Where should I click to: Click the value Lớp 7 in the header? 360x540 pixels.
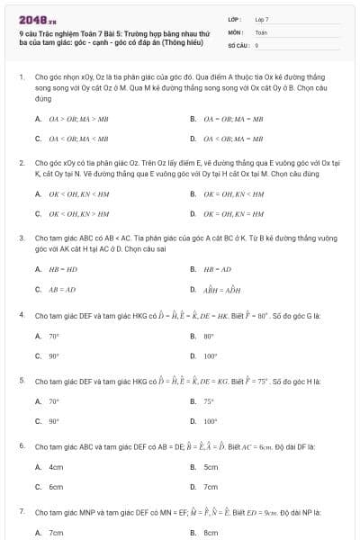click(262, 19)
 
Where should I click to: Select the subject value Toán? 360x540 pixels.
click(261, 31)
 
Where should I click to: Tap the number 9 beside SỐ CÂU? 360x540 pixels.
click(256, 44)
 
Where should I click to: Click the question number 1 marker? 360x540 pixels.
click(21, 78)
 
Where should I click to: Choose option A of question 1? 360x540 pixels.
click(69, 119)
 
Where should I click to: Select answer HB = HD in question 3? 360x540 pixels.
click(62, 269)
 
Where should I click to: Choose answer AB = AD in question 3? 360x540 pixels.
click(62, 290)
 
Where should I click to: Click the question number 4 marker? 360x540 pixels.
click(21, 315)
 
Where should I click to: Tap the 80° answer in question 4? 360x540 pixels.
click(209, 336)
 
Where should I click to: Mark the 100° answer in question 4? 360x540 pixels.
click(211, 355)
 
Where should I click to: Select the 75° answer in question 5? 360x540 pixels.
click(209, 401)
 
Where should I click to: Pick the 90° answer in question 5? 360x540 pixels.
click(54, 421)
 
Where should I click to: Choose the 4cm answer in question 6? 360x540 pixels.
click(56, 467)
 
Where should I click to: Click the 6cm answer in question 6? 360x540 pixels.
click(56, 487)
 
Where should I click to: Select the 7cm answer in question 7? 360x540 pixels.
click(56, 533)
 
